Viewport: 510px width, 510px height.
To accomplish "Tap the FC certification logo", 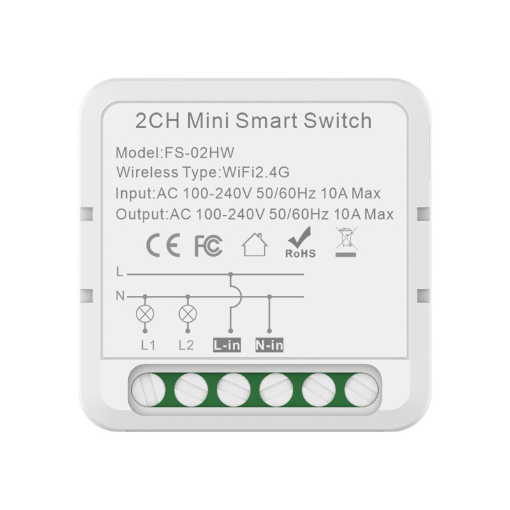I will point(208,246).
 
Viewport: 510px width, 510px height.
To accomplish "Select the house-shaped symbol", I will point(254,245).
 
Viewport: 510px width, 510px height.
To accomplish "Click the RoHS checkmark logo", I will point(300,245).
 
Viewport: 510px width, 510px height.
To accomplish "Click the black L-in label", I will point(228,346).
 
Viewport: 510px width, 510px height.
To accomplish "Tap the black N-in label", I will point(269,346).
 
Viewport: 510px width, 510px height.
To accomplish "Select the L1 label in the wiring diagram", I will point(148,346).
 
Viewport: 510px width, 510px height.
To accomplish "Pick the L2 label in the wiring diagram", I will point(186,346).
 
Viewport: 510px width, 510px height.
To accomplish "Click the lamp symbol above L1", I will point(145,313).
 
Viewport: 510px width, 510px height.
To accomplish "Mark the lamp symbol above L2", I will point(187,313).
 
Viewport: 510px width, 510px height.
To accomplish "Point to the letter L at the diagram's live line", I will point(119,273).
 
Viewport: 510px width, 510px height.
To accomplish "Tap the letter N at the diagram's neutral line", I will point(119,296).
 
